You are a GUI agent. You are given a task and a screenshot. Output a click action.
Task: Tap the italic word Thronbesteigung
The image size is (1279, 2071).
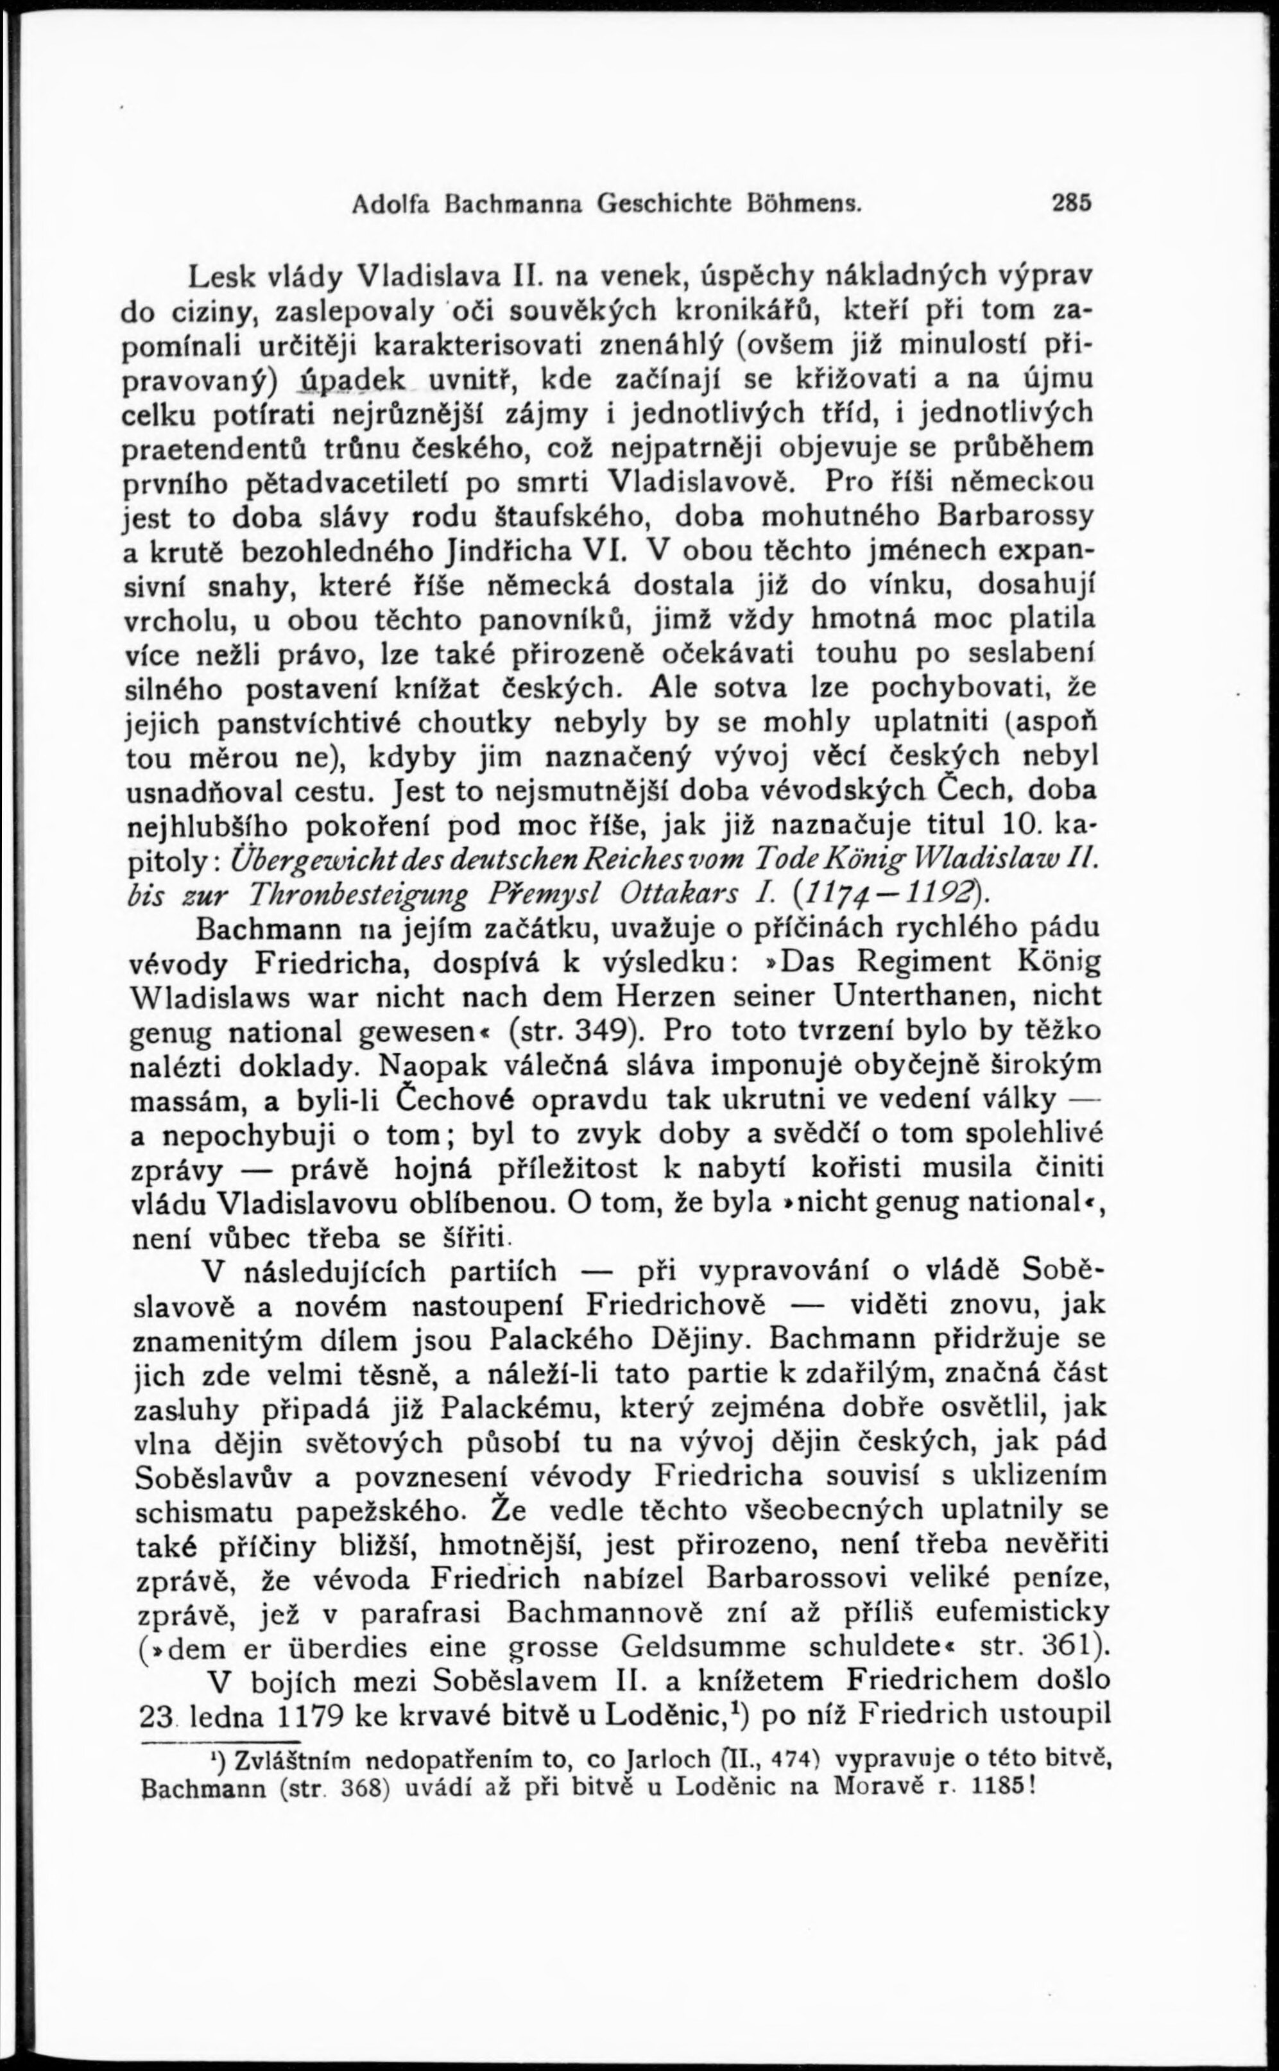pos(356,893)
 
